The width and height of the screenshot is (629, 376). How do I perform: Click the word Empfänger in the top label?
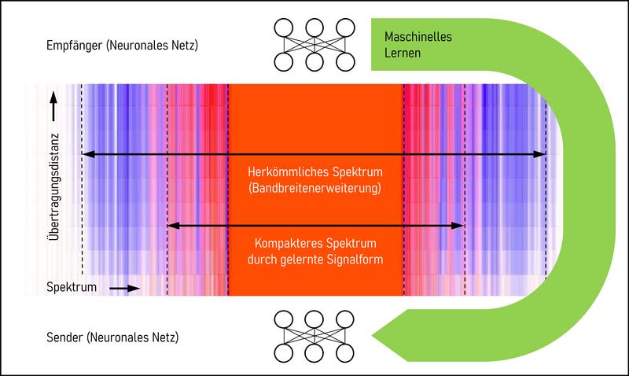(x=72, y=46)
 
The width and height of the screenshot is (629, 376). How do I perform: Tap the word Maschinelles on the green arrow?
(x=417, y=37)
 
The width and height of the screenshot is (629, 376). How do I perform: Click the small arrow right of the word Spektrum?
(x=117, y=289)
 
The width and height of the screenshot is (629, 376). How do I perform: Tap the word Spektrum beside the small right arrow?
(x=72, y=288)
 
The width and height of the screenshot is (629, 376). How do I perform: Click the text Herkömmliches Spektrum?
(x=314, y=172)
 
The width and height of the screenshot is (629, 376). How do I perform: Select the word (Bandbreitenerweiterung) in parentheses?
(x=314, y=189)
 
